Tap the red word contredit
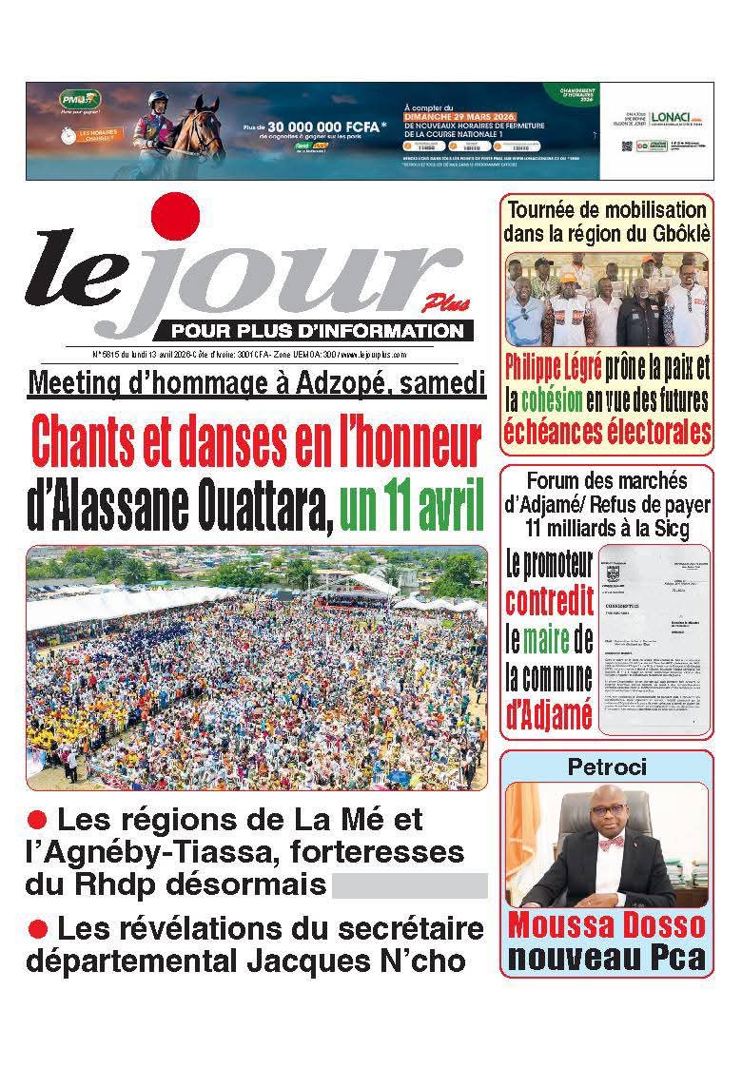(549, 601)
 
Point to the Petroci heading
(605, 765)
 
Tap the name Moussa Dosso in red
(606, 923)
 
